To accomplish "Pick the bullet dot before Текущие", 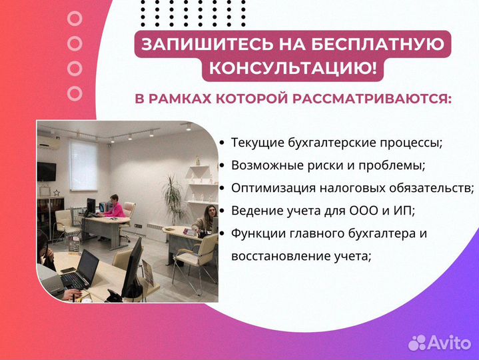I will (222, 143).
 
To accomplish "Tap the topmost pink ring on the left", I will (75, 18).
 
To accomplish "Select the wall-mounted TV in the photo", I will (47, 171).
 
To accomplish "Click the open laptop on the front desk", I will (85, 269).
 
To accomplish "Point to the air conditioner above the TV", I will (48, 142).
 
